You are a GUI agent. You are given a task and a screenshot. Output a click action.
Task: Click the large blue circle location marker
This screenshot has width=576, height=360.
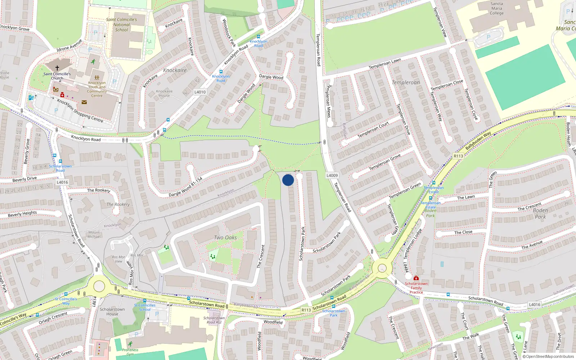[288, 180]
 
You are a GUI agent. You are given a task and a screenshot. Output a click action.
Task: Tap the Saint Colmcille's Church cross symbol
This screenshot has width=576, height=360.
[57, 68]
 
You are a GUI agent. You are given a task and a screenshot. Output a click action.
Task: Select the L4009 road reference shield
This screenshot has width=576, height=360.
[332, 175]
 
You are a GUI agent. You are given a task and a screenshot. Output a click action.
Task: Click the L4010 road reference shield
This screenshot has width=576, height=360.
[200, 92]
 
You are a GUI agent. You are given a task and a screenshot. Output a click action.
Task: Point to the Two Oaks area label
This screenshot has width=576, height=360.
[225, 238]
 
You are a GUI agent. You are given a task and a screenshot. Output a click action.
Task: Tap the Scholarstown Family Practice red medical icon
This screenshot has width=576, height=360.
[416, 278]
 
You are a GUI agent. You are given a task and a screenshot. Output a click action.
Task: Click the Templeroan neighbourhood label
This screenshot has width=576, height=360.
[406, 82]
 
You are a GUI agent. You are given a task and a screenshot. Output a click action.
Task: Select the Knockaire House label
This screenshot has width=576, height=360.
[164, 93]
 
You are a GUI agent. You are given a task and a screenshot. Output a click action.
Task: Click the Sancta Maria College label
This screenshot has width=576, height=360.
[496, 8]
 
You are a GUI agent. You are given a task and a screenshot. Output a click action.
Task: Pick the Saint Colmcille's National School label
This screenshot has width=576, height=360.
[121, 24]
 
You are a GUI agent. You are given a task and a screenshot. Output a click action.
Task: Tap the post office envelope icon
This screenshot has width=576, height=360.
[84, 102]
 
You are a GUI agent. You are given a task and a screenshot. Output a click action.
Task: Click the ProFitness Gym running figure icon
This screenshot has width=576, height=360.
[130, 344]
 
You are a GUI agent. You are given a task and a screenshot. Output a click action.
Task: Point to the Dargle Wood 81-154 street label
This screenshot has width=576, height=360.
[185, 187]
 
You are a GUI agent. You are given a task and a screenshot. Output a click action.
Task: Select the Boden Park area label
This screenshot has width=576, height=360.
[540, 213]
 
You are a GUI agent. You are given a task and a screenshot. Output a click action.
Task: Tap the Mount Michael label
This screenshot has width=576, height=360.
[94, 234]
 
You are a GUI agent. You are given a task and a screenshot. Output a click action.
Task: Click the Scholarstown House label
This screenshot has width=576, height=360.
[112, 311]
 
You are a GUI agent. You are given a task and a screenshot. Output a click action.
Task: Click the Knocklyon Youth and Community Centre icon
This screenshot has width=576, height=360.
[97, 77]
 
